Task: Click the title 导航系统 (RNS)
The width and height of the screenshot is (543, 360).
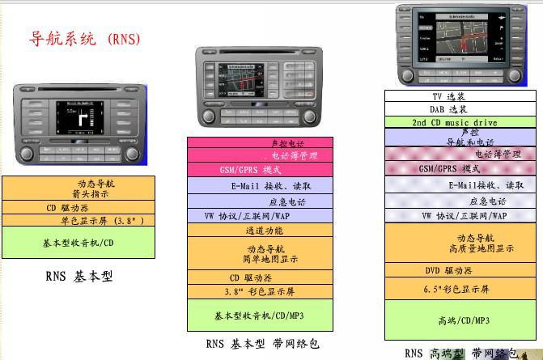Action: click(x=85, y=38)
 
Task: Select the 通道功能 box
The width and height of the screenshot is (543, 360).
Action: click(x=265, y=231)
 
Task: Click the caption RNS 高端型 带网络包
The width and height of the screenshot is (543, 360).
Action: click(x=460, y=353)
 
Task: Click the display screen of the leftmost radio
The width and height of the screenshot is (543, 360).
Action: click(x=80, y=118)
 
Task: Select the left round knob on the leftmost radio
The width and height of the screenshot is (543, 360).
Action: click(x=27, y=153)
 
